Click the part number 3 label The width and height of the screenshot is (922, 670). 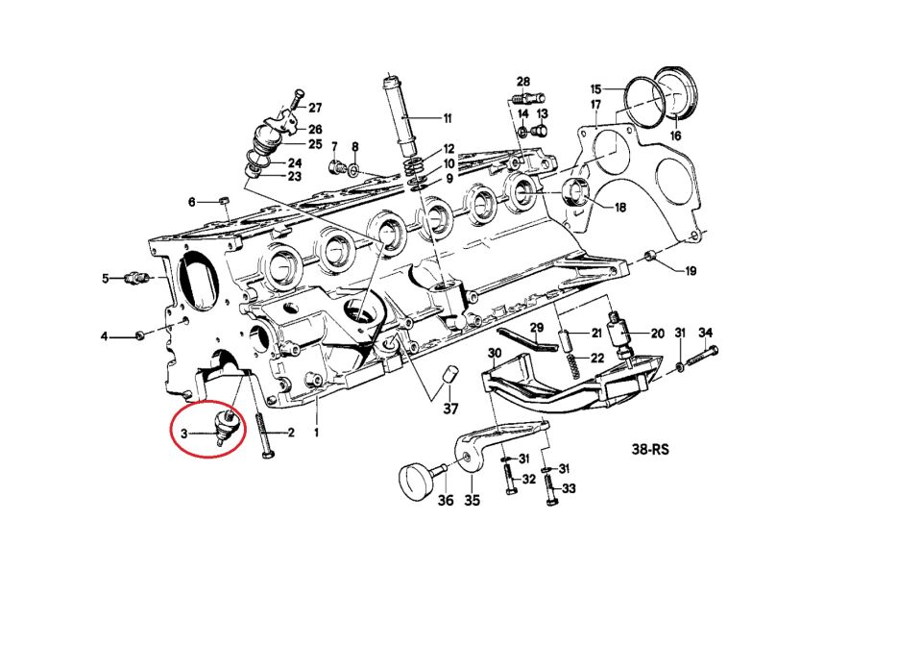point(184,434)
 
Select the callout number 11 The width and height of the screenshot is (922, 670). point(448,118)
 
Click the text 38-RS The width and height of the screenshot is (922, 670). point(650,449)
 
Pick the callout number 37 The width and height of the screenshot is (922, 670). point(450,408)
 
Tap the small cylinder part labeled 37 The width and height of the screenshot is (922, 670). point(449,375)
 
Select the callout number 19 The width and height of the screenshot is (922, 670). point(691,271)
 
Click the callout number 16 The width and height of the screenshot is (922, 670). point(675,136)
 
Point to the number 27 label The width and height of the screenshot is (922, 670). point(315,107)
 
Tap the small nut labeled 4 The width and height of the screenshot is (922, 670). point(140,335)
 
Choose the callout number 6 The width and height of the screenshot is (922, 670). point(192,202)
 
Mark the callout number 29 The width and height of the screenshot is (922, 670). point(537,328)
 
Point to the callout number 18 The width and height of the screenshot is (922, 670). point(619,208)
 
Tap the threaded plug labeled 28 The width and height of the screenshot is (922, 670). point(528,97)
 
